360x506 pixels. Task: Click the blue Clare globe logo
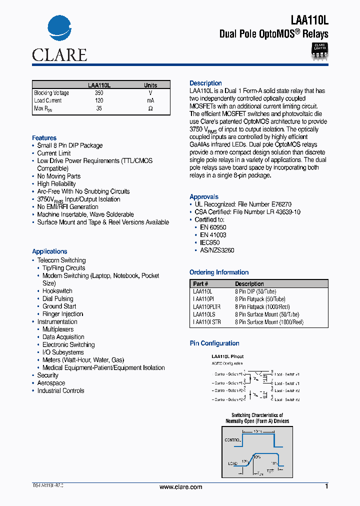[x=59, y=29]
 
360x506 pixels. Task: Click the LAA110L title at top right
[x=309, y=19]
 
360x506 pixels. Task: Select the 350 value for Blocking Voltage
[x=99, y=93]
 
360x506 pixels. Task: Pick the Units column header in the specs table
[x=150, y=85]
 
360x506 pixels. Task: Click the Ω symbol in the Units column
[x=150, y=108]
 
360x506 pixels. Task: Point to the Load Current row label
[x=48, y=100]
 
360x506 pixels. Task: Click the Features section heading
[x=44, y=138]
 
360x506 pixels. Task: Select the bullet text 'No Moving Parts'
[x=58, y=176]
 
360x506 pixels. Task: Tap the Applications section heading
[x=49, y=251]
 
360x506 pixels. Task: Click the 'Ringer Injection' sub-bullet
[x=62, y=314]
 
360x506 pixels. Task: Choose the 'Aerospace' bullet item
[x=51, y=383]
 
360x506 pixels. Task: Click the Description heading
[x=205, y=83]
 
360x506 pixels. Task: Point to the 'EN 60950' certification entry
[x=213, y=227]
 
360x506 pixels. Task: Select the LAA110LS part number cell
[x=204, y=314]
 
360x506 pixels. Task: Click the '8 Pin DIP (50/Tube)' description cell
[x=255, y=291]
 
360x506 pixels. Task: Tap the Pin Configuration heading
[x=214, y=343]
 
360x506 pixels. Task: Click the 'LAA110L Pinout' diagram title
[x=227, y=356]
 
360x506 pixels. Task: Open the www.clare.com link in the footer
[x=180, y=487]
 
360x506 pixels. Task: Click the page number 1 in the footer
[x=326, y=486]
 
